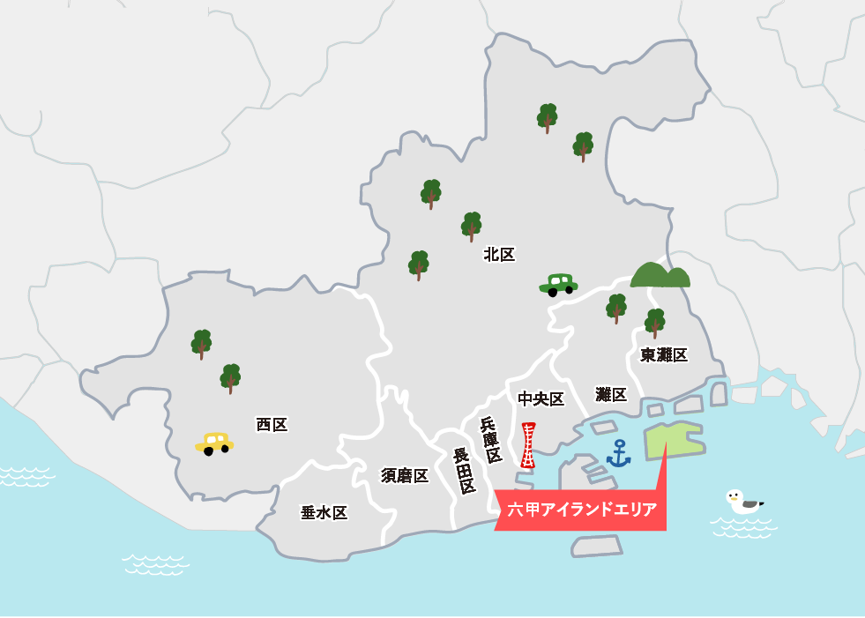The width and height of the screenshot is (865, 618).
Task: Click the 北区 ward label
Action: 499,255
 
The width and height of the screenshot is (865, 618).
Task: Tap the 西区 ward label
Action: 272,425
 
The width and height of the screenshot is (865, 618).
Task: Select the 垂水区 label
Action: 324,513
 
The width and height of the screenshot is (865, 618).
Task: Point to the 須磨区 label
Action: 405,476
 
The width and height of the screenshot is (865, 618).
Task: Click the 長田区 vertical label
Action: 464,471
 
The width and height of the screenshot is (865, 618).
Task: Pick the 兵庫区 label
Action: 491,440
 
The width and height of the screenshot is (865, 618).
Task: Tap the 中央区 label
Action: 541,399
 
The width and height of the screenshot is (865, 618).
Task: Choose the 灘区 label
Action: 611,394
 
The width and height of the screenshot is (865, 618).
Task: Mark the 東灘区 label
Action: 664,354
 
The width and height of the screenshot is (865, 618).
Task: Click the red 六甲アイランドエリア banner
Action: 582,510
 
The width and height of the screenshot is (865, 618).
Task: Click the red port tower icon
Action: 528,445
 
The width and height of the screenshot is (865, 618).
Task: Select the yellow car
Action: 214,443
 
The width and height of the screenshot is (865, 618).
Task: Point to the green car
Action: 558,284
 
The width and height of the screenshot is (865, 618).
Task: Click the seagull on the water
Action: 742,503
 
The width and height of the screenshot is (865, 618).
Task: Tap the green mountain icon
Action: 660,275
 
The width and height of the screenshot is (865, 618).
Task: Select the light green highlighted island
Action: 674,440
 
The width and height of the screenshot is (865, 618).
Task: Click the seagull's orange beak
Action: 729,498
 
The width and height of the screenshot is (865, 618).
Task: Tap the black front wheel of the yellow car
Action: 209,450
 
